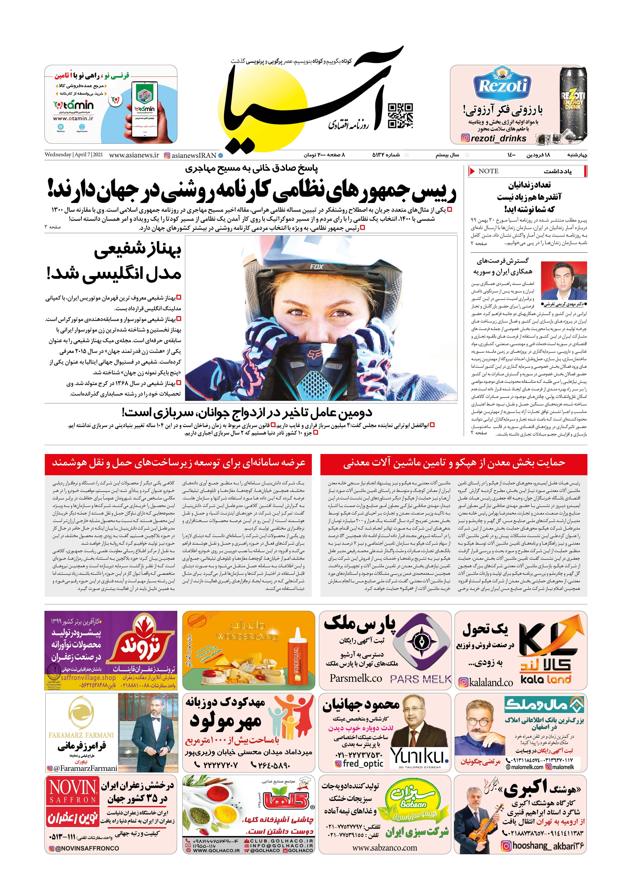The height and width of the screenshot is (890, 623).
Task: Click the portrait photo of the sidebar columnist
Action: click(564, 281)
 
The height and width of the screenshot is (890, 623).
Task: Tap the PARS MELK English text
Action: click(421, 679)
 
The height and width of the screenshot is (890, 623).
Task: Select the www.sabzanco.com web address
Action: click(385, 847)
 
